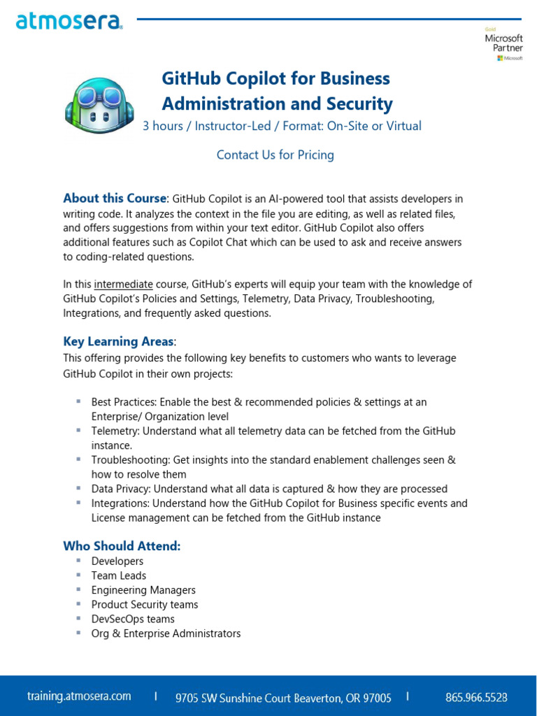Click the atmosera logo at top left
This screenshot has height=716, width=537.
tap(69, 22)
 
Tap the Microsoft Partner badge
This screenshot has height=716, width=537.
tap(503, 44)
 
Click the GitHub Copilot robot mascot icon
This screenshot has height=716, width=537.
tap(99, 105)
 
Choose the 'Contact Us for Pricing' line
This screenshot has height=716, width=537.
tap(275, 155)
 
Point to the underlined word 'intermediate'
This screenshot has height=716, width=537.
tap(123, 285)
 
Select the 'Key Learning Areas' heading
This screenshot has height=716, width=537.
tap(118, 342)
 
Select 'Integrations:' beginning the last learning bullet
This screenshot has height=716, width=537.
tap(120, 503)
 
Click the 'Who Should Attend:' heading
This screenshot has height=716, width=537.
tap(122, 546)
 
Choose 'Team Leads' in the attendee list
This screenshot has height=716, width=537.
tap(119, 575)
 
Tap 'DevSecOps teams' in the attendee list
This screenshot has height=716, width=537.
tap(133, 619)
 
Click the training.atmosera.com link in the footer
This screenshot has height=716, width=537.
tap(79, 696)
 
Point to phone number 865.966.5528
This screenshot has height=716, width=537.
tap(476, 697)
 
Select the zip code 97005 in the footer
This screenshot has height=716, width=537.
tap(376, 698)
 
